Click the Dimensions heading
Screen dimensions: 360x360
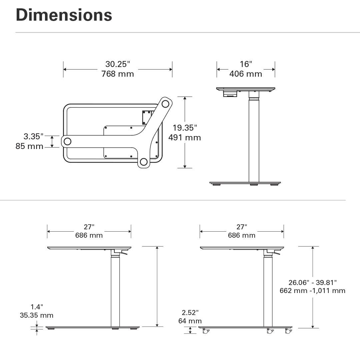pos(64,15)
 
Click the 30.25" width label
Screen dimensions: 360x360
pos(118,64)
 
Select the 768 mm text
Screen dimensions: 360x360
pos(118,74)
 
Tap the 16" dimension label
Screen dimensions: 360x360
pos(246,64)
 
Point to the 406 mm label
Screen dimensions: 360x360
pos(246,74)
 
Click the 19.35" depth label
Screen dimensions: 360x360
pos(185,128)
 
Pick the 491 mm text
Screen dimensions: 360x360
pos(185,138)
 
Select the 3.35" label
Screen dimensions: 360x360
pos(33,136)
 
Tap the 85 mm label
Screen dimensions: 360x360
pos(29,146)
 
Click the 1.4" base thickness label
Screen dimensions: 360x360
pos(37,307)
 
